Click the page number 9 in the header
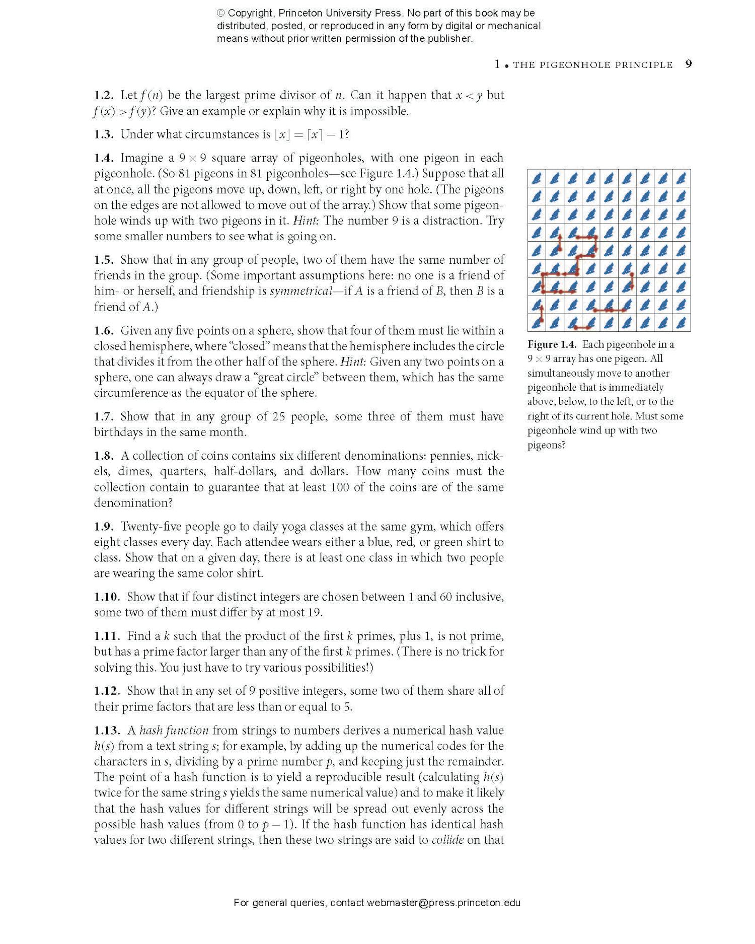coord(689,64)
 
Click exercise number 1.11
coord(107,636)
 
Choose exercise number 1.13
coord(107,731)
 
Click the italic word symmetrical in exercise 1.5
coord(300,291)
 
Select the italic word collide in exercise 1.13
coord(447,840)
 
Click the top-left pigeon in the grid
coord(537,178)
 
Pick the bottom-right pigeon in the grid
coord(681,323)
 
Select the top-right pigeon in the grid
coord(681,178)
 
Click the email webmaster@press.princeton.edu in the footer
coord(443,903)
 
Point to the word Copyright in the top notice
coord(250,13)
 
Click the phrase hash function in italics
coord(174,731)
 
